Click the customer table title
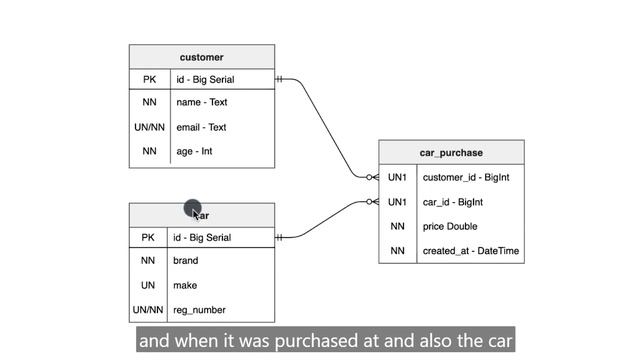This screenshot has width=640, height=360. [x=202, y=57]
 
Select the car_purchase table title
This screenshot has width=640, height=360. [x=451, y=153]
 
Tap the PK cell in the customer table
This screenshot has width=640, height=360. [x=149, y=79]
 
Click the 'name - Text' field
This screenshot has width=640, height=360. [x=202, y=102]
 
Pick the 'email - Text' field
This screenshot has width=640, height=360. [x=201, y=127]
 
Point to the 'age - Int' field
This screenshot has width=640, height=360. [x=194, y=151]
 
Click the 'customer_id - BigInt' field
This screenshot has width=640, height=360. [x=466, y=178]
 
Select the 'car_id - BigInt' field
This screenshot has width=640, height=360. [x=453, y=202]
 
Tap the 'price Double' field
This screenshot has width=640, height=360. [x=450, y=227]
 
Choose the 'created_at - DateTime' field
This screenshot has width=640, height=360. [x=471, y=251]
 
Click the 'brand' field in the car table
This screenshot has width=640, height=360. [x=186, y=260]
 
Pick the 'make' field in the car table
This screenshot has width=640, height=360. [x=185, y=285]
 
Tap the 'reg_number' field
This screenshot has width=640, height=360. [x=199, y=310]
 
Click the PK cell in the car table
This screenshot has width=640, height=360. [x=148, y=238]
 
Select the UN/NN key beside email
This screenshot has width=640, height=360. [x=149, y=127]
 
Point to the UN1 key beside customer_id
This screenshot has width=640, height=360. [x=397, y=178]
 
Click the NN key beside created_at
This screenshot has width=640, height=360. [x=397, y=251]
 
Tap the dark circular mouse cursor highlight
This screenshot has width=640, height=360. [x=193, y=208]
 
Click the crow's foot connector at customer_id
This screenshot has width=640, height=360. [x=372, y=177]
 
